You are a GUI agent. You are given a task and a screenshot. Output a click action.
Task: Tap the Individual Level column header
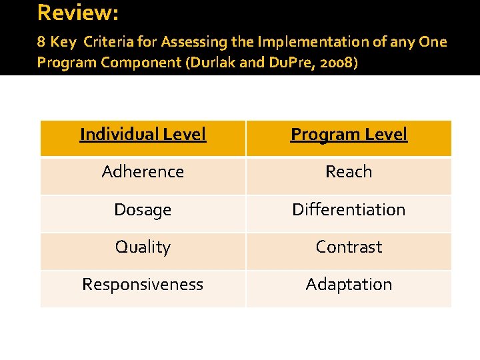point(143,135)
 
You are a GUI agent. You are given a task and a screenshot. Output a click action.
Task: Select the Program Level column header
point(349,135)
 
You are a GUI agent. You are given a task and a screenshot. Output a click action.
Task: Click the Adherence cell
point(143,172)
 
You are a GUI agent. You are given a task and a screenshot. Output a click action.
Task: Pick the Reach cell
point(349,172)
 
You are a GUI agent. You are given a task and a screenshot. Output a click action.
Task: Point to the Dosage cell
point(143,210)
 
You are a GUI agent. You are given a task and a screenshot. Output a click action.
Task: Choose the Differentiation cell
point(349,210)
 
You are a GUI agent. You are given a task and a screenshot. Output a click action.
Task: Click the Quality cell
point(143,247)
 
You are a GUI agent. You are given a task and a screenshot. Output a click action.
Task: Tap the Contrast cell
point(349,247)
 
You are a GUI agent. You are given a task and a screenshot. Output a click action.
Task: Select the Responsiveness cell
point(143,285)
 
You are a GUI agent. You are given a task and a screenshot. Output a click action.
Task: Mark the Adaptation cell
point(349,285)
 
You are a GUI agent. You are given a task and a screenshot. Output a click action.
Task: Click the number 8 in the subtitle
point(41,43)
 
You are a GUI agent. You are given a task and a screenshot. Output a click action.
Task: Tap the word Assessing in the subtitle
point(189,43)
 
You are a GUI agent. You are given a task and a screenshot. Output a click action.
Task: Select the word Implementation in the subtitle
point(303,43)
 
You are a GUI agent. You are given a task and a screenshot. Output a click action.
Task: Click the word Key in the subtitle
point(63,43)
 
